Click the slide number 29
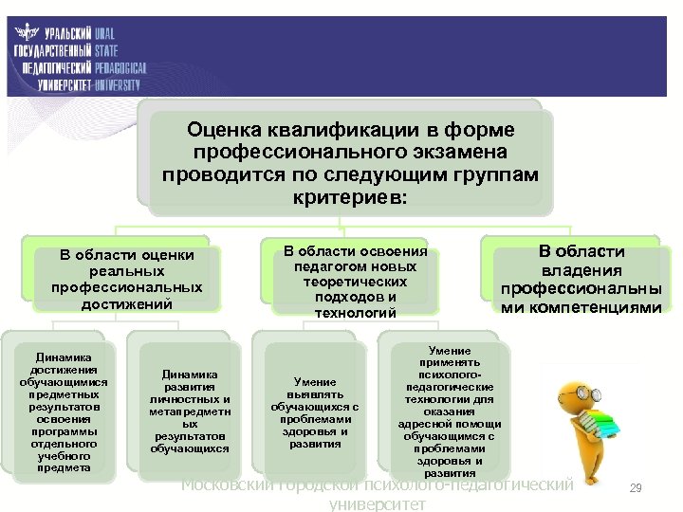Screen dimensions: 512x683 (636, 487)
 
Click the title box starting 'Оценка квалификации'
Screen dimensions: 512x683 (351, 161)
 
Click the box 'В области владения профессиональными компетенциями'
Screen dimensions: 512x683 (581, 279)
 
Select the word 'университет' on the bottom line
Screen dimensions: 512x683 (377, 504)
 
